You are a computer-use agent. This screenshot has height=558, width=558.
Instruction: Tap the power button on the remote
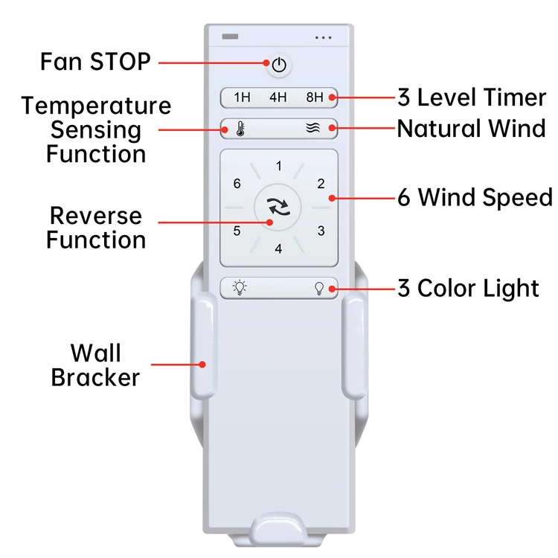click(x=279, y=65)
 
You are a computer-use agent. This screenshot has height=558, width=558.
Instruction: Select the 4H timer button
click(x=278, y=97)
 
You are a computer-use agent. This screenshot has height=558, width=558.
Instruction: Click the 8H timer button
click(x=315, y=97)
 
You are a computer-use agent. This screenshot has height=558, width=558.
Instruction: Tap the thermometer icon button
click(x=240, y=129)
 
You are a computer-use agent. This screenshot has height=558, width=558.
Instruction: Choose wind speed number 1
click(x=279, y=166)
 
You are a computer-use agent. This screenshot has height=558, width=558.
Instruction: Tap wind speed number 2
click(x=321, y=184)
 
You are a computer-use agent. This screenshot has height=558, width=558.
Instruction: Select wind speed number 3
click(x=321, y=231)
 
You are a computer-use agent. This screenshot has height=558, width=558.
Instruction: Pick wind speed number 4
click(x=279, y=248)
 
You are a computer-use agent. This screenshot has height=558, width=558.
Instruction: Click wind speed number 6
click(x=237, y=184)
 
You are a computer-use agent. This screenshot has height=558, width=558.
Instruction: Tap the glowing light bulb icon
click(x=240, y=288)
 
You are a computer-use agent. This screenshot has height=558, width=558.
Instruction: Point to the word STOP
click(x=121, y=62)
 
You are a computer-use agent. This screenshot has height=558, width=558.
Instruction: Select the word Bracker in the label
click(x=95, y=377)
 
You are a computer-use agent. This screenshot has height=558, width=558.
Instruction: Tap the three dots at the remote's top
click(x=323, y=37)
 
